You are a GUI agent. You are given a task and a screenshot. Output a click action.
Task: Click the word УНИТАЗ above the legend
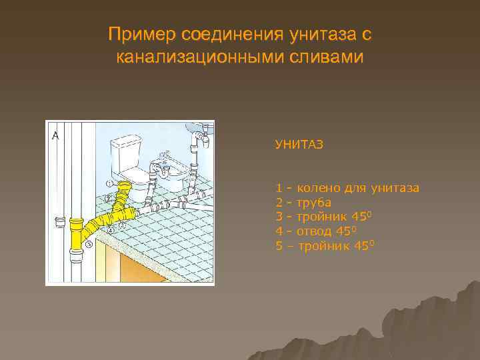click(299, 144)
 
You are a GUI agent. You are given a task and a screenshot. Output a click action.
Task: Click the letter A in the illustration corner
click(55, 135)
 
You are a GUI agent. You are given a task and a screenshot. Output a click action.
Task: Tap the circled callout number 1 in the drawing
click(108, 184)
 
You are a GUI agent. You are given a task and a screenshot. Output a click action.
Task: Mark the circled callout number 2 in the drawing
click(107, 199)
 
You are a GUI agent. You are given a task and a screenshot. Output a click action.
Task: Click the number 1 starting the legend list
click(279, 188)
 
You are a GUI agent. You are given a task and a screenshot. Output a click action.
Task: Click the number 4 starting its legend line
click(279, 231)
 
